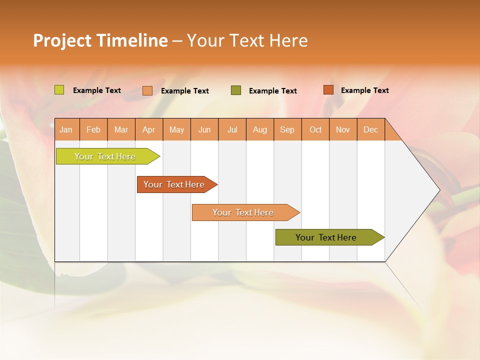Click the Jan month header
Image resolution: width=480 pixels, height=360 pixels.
pyautogui.click(x=66, y=129)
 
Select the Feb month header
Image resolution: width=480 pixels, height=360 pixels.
pyautogui.click(x=93, y=129)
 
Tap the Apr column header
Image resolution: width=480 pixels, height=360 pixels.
pyautogui.click(x=148, y=129)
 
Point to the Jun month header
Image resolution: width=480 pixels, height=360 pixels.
pyautogui.click(x=204, y=129)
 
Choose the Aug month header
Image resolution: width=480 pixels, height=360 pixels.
pyautogui.click(x=259, y=129)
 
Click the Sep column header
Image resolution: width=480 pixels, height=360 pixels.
pyautogui.click(x=287, y=129)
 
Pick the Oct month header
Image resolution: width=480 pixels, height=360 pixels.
pyautogui.click(x=315, y=129)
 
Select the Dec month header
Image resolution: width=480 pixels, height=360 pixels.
pyautogui.click(x=370, y=129)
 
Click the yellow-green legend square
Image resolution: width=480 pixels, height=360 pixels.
pyautogui.click(x=59, y=90)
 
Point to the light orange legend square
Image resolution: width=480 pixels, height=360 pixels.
pyautogui.click(x=147, y=90)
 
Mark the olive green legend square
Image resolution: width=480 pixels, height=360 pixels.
pyautogui.click(x=236, y=90)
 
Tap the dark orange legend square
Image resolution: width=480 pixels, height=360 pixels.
pyautogui.click(x=328, y=90)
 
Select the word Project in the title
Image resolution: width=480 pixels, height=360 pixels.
pyautogui.click(x=62, y=40)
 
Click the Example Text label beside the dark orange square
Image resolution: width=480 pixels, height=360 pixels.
pyautogui.click(x=364, y=90)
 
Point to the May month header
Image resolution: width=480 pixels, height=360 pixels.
pyautogui.click(x=176, y=129)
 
